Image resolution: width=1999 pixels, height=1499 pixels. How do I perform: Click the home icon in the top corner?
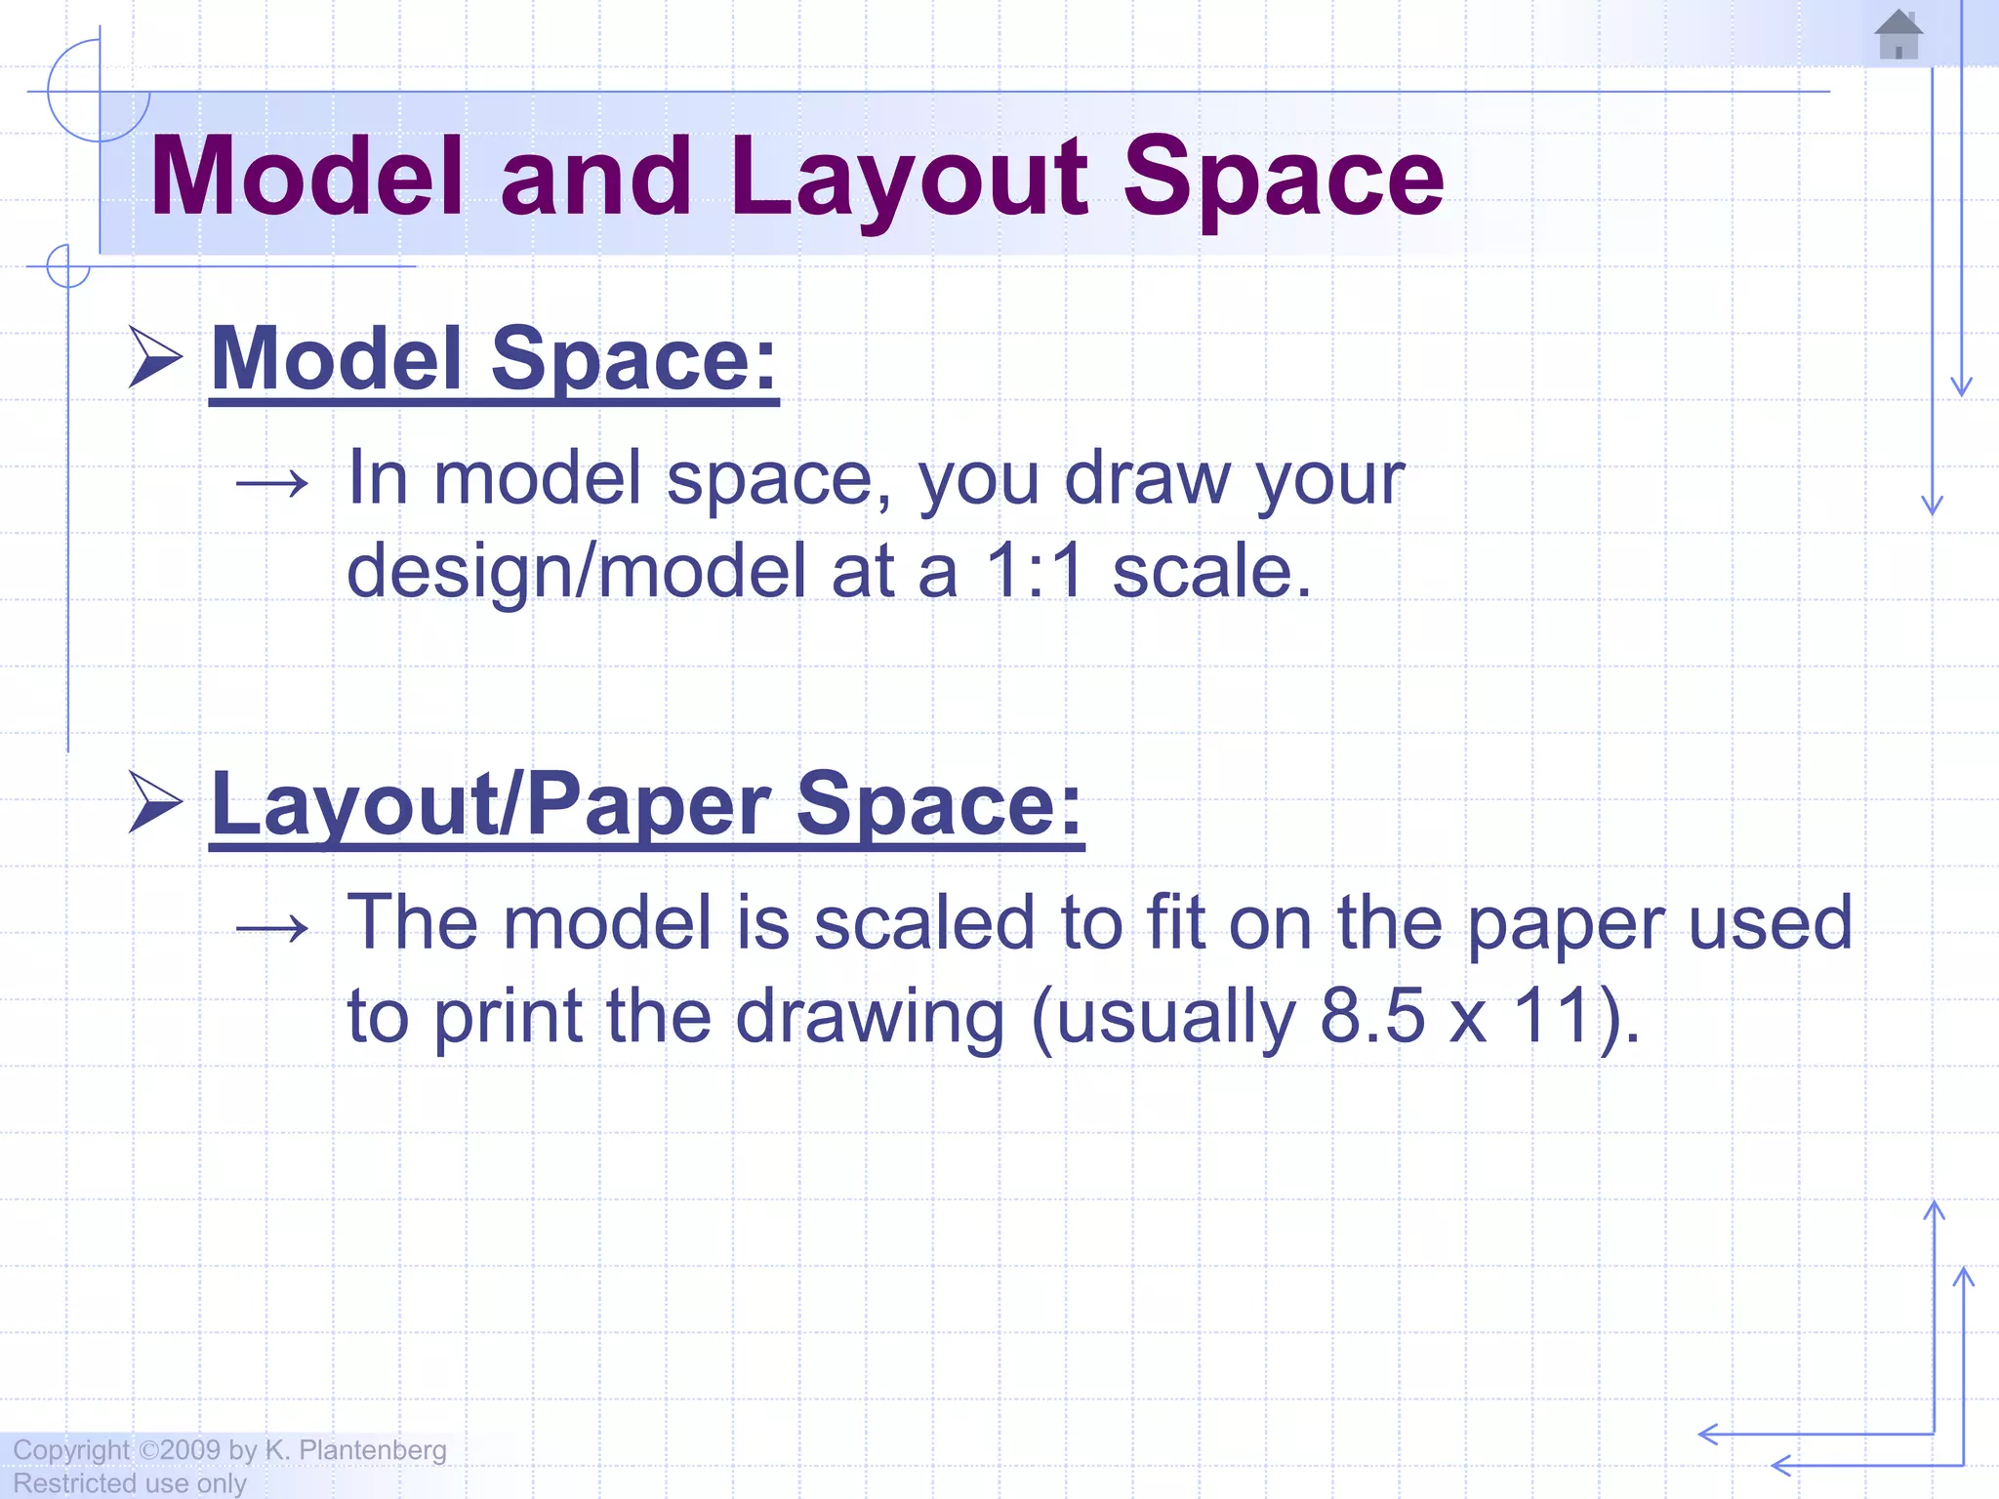[x=1898, y=34]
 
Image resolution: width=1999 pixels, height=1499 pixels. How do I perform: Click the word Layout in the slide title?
[x=909, y=179]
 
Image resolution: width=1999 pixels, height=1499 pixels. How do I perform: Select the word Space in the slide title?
[x=1284, y=179]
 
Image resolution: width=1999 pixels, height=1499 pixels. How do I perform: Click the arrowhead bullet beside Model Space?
[x=155, y=357]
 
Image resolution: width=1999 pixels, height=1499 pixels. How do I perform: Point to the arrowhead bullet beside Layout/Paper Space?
[x=155, y=802]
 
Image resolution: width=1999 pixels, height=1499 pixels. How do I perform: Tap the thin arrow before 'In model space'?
[x=272, y=482]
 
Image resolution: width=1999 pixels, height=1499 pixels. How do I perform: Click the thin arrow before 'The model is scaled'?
[x=272, y=927]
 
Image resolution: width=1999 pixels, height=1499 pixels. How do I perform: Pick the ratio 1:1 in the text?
[x=1036, y=571]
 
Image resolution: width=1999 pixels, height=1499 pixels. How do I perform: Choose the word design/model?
[x=577, y=571]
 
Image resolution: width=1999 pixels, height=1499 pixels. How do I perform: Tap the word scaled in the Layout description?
[x=923, y=923]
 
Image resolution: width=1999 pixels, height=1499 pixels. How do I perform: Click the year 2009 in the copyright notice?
[x=190, y=1450]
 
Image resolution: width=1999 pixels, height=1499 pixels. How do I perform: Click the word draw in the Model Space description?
[x=1147, y=478]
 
